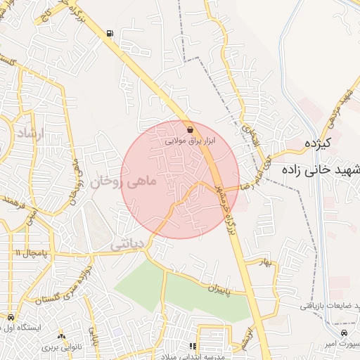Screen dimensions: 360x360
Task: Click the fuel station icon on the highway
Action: coord(110,33)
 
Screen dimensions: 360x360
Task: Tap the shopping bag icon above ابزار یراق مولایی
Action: coord(192,129)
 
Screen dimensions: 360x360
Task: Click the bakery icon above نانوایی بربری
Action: coord(62,336)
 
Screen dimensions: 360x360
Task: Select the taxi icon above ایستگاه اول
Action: coord(15,317)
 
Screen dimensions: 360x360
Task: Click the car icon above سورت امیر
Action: coord(344,332)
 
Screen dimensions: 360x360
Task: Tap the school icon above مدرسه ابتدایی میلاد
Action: coord(193,346)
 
